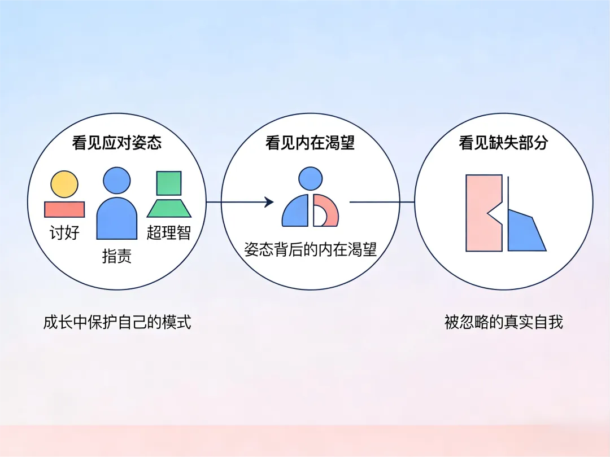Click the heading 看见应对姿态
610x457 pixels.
(x=117, y=143)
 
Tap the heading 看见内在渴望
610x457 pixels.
(x=310, y=143)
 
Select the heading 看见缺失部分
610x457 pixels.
(x=503, y=143)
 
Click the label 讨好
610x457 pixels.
(x=64, y=232)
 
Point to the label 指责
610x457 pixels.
(x=117, y=256)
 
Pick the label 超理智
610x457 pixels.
(x=169, y=232)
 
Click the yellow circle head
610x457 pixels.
(x=64, y=184)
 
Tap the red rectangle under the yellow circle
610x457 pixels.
(x=64, y=209)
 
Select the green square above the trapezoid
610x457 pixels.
(x=169, y=183)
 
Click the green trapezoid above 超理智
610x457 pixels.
(x=169, y=208)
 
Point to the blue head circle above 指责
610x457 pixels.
(x=117, y=181)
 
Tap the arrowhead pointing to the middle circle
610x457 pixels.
(x=269, y=202)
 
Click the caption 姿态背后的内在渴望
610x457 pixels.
(x=310, y=249)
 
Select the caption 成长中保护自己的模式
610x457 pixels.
(x=117, y=322)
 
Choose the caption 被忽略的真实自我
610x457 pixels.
(x=503, y=322)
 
